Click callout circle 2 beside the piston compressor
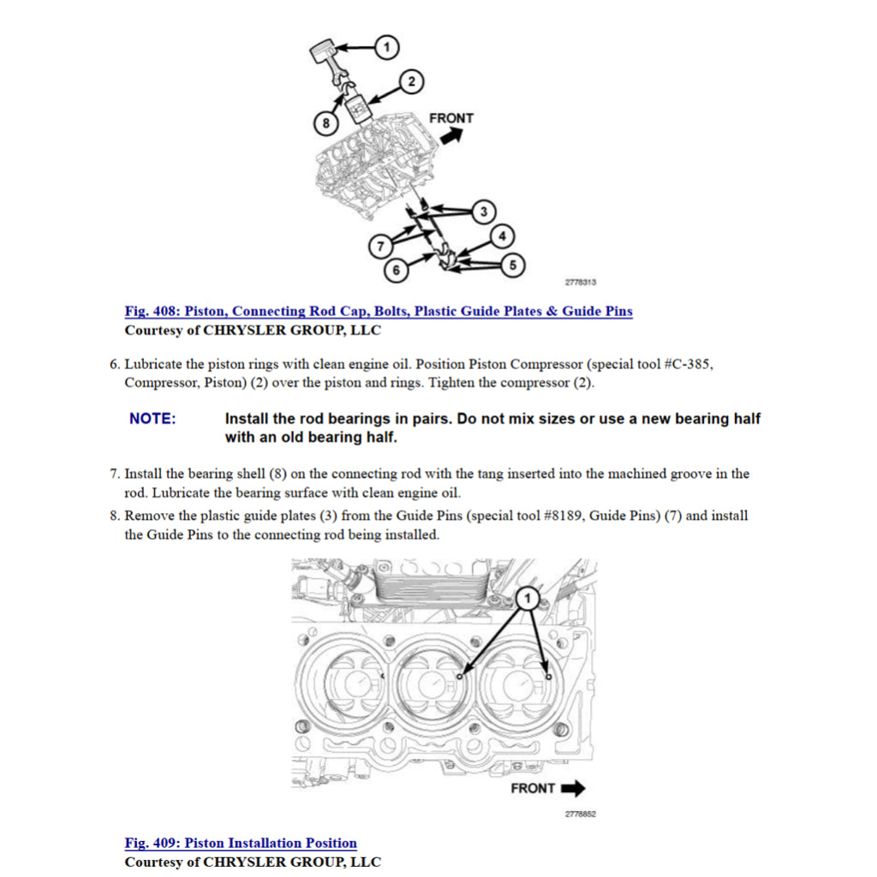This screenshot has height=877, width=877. (x=411, y=81)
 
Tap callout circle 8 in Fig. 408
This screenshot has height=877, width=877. (x=325, y=123)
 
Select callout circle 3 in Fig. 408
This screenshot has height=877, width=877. (x=484, y=211)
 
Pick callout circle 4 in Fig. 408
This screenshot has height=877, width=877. (x=502, y=236)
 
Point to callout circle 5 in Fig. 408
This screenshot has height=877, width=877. (x=512, y=265)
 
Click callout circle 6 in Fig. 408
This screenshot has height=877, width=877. (x=396, y=271)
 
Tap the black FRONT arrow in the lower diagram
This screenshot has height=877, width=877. (x=572, y=788)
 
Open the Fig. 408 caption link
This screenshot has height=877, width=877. (x=379, y=312)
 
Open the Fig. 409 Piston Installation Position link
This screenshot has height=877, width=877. (x=241, y=844)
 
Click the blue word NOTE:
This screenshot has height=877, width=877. (x=152, y=419)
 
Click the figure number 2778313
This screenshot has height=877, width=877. (x=580, y=283)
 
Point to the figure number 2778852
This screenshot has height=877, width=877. (x=580, y=814)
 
